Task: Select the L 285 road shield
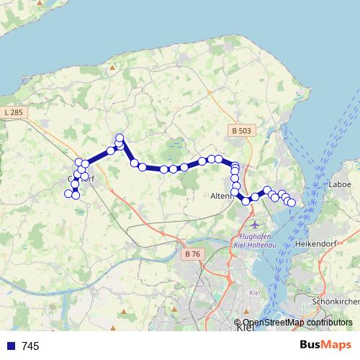pyautogui.click(x=13, y=112)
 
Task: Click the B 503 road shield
pyautogui.click(x=242, y=130)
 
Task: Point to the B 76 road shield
pyautogui.click(x=192, y=253)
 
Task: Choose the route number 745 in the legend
pyautogui.click(x=30, y=346)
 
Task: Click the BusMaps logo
pyautogui.click(x=325, y=345)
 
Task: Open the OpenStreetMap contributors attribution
pyautogui.click(x=297, y=323)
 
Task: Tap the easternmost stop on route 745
pyautogui.click(x=292, y=203)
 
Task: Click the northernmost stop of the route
pyautogui.click(x=120, y=138)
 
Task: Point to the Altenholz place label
pyautogui.click(x=221, y=196)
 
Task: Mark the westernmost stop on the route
pyautogui.click(x=69, y=193)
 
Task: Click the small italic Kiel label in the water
pyautogui.click(x=253, y=293)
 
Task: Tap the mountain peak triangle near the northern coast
pyautogui.click(x=113, y=67)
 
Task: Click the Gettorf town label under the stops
pyautogui.click(x=81, y=178)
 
